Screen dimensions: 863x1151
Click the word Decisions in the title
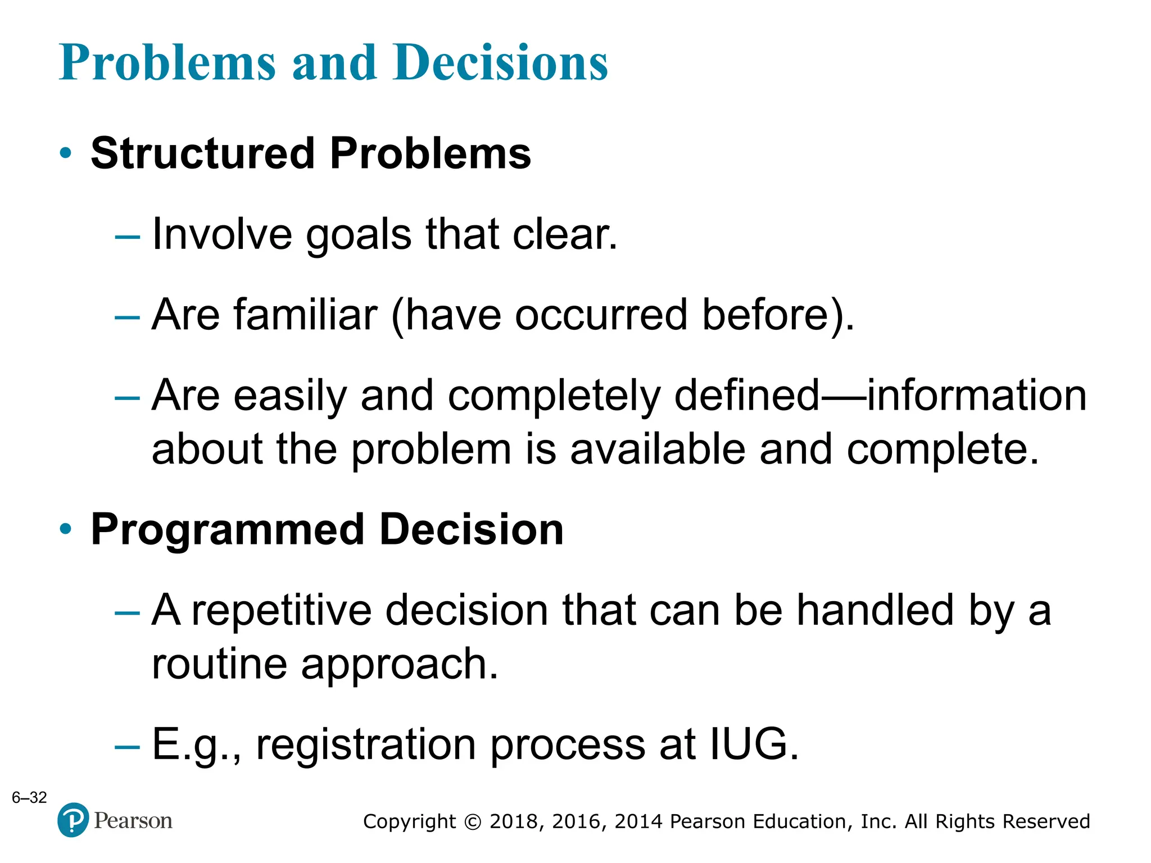500,63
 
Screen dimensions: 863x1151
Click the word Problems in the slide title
167,63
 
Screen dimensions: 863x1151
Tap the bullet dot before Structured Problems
66,153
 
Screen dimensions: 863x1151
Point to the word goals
359,234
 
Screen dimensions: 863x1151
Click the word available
658,449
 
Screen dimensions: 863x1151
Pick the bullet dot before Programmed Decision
66,529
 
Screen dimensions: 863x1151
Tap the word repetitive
282,610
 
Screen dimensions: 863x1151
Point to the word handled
875,610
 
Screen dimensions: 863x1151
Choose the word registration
366,745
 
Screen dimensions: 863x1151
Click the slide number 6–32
29,797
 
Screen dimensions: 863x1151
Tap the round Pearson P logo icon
73,820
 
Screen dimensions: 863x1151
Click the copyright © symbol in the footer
473,822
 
